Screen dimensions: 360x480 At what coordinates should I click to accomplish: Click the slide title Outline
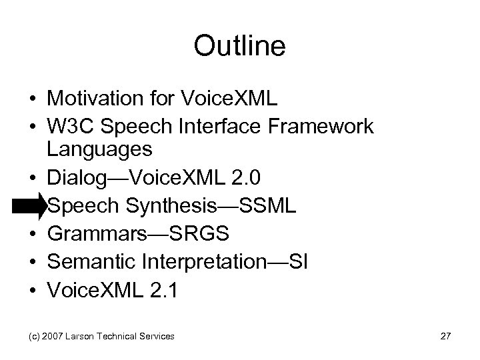coord(239,46)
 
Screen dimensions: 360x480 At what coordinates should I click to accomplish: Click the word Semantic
coord(89,262)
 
